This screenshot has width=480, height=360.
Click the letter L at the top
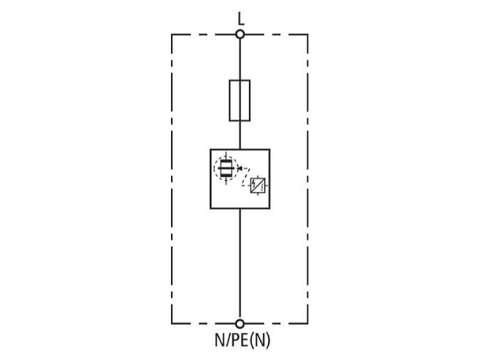241,19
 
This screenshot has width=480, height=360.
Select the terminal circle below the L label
240,34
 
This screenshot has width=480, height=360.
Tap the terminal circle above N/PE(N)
240,323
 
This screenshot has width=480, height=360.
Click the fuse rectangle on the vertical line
239,101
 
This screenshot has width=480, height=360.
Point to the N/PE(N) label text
242,340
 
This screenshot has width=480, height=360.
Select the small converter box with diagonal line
258,185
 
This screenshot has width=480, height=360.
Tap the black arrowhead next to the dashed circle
239,168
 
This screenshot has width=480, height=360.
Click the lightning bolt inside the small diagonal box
253,184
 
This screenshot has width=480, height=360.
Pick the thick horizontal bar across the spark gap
226,168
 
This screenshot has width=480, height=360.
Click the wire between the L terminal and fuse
240,59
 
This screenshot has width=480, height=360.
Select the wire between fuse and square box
240,135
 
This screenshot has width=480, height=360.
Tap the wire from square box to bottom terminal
240,264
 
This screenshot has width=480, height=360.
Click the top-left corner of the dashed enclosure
172,35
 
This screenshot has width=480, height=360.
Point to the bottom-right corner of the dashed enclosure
308,323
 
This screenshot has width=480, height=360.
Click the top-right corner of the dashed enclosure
308,35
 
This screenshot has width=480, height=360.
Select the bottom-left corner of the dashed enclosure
172,323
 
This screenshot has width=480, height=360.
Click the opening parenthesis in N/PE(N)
253,340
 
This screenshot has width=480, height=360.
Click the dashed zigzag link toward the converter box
246,176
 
